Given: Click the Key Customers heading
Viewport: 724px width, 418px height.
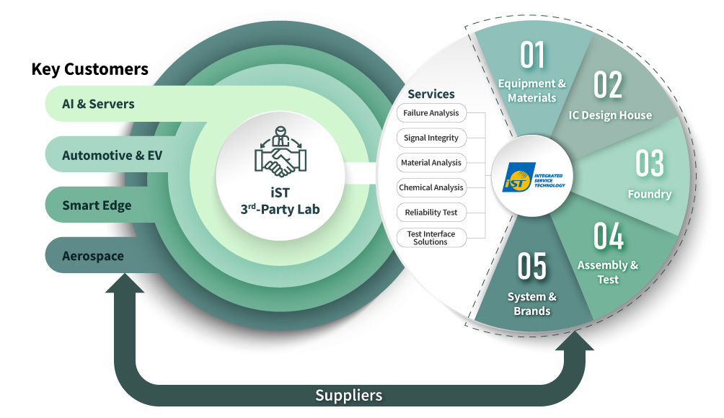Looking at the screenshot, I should [x=89, y=69].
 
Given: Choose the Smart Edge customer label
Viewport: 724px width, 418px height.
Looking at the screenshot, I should [x=97, y=205].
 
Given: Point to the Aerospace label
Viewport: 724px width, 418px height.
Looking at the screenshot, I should [x=92, y=256].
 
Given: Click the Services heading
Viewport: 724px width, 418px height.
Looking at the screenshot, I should [x=431, y=94].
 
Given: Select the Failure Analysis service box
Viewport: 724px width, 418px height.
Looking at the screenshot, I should [x=431, y=113].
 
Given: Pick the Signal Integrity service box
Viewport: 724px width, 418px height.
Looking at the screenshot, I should [x=431, y=138].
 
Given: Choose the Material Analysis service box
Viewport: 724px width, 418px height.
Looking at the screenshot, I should [x=431, y=163].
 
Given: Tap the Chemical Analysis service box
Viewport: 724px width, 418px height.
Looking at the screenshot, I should [x=431, y=187].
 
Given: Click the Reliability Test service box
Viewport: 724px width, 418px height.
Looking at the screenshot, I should [x=431, y=213].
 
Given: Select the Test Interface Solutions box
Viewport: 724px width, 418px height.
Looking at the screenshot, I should [x=431, y=238].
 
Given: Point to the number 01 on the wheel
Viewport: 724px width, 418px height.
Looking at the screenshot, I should [x=532, y=56].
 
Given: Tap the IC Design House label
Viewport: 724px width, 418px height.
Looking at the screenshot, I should [x=610, y=115].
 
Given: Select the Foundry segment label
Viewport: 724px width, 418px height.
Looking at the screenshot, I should [x=649, y=194].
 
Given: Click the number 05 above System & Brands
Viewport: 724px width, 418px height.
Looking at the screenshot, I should [x=532, y=267].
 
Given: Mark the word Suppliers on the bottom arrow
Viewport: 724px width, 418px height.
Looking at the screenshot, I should [x=348, y=395].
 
